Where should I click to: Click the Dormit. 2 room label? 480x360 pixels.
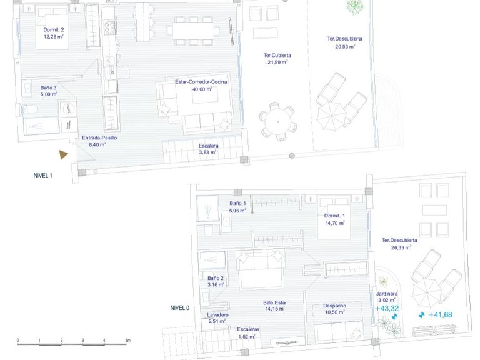tap(54, 30)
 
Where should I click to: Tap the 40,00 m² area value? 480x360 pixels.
tap(202, 89)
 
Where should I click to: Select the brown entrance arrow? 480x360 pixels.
tap(64, 154)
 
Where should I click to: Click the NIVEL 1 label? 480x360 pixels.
tap(43, 176)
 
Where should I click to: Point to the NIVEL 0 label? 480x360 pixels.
tap(180, 308)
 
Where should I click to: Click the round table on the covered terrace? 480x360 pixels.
tap(277, 121)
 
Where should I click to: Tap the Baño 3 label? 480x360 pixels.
tap(48, 88)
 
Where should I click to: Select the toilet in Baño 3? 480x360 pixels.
tap(30, 109)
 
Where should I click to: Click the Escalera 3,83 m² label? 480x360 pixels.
tap(208, 149)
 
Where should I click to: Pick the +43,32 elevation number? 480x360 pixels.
tap(387, 309)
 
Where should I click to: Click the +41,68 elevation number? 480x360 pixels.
tap(440, 315)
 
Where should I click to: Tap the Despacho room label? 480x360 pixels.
tap(334, 306)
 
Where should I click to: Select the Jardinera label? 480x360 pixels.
tap(387, 294)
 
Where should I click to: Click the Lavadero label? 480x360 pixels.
tap(217, 315)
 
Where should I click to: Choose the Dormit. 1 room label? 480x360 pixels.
tap(334, 216)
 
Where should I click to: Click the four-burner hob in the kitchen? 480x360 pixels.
tap(109, 27)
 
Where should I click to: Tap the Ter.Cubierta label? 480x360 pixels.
tap(277, 56)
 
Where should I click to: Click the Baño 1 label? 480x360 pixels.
tap(237, 203)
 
